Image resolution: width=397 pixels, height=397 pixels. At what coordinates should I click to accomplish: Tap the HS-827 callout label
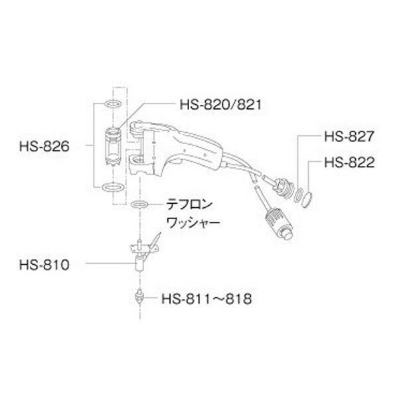pyautogui.click(x=349, y=137)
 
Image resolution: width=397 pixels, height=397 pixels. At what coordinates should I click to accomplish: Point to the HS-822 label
pyautogui.click(x=349, y=161)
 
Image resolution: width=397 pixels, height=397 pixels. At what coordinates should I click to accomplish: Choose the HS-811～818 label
pyautogui.click(x=206, y=299)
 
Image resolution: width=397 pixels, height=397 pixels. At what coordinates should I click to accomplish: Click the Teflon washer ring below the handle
pyautogui.click(x=141, y=203)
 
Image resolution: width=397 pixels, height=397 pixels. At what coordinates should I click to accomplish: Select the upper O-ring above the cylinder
pyautogui.click(x=112, y=104)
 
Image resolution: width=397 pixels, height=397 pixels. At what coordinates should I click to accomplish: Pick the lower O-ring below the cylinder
pyautogui.click(x=112, y=187)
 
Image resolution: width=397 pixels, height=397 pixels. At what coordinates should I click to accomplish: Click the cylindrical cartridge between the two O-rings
pyautogui.click(x=112, y=146)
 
